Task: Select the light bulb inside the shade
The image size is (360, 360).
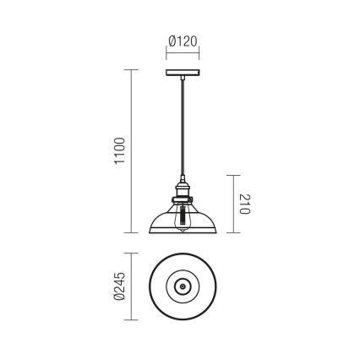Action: pyautogui.click(x=180, y=217)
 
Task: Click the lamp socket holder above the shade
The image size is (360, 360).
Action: pyautogui.click(x=180, y=189)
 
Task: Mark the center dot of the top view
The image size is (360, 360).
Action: pyautogui.click(x=180, y=287)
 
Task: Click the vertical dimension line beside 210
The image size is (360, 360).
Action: pyautogui.click(x=229, y=203)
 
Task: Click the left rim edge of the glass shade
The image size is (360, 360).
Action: pyautogui.click(x=147, y=229)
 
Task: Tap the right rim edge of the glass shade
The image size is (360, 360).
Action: pyautogui.click(x=213, y=229)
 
